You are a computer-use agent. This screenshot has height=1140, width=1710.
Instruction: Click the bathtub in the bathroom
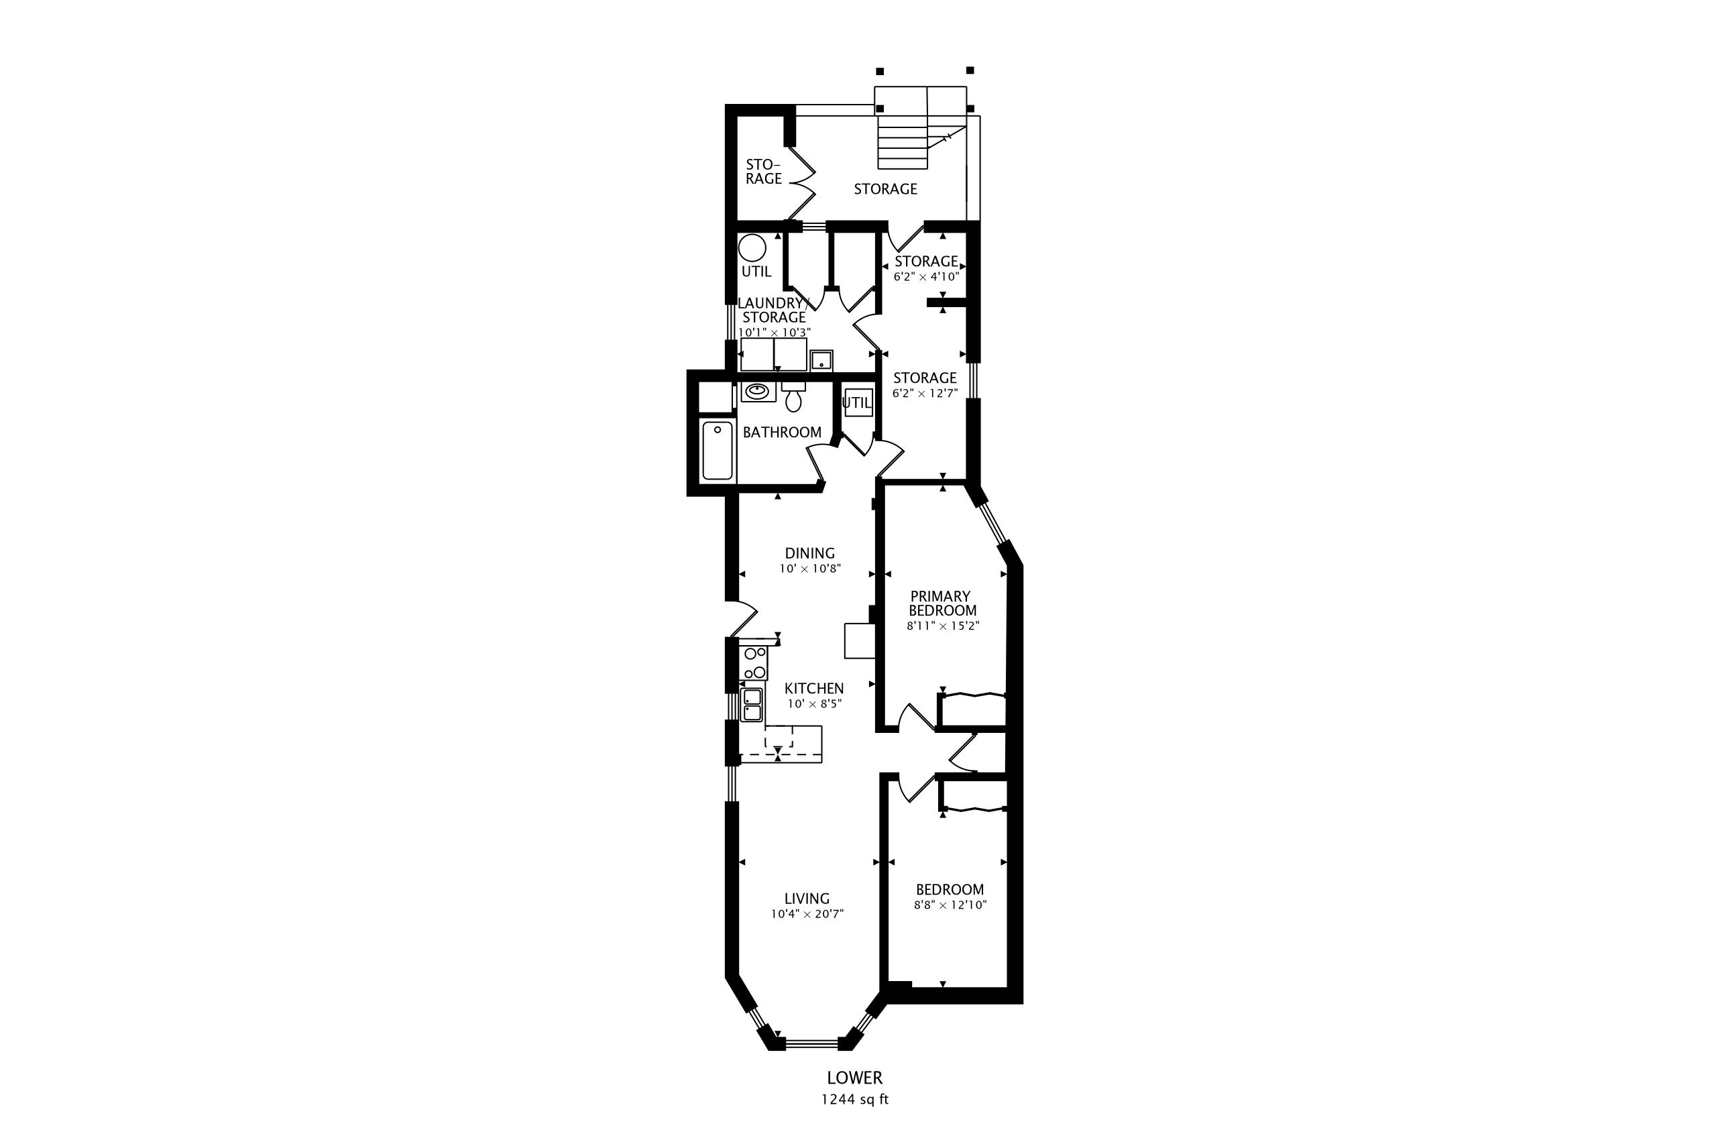718,451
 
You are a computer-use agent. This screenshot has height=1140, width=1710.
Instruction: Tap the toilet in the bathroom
793,397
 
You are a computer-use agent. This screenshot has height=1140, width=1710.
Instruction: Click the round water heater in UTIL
752,248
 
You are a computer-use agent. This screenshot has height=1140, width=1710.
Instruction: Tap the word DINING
810,553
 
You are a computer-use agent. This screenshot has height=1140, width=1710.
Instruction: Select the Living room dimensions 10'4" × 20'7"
807,914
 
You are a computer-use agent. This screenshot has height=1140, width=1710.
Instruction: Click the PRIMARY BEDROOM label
942,604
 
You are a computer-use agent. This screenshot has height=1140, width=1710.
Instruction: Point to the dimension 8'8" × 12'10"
950,905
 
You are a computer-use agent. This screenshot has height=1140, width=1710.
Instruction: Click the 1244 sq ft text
855,1099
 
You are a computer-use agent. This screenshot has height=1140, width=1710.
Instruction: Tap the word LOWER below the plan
855,1078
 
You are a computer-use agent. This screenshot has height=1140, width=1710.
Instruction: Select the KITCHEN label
814,689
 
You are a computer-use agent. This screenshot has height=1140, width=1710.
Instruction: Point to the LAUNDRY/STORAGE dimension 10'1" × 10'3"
775,332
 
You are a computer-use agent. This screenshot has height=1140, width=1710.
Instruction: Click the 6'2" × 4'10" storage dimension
926,277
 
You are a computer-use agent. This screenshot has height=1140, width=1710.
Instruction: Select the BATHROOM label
783,433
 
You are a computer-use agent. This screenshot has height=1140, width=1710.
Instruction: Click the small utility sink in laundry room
821,361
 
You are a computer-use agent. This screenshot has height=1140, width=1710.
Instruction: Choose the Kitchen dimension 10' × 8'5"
814,703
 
